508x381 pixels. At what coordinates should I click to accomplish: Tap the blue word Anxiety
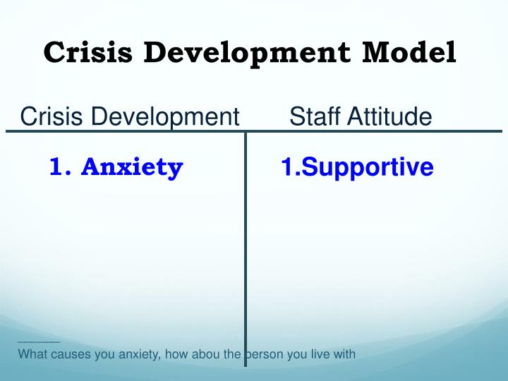(x=132, y=167)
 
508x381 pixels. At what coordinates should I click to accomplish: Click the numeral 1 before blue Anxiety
(x=57, y=167)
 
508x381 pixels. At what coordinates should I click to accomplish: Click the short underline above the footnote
(x=39, y=342)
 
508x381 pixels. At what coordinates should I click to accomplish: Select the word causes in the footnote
(x=71, y=354)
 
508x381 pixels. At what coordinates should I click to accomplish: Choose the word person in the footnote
(x=261, y=354)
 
